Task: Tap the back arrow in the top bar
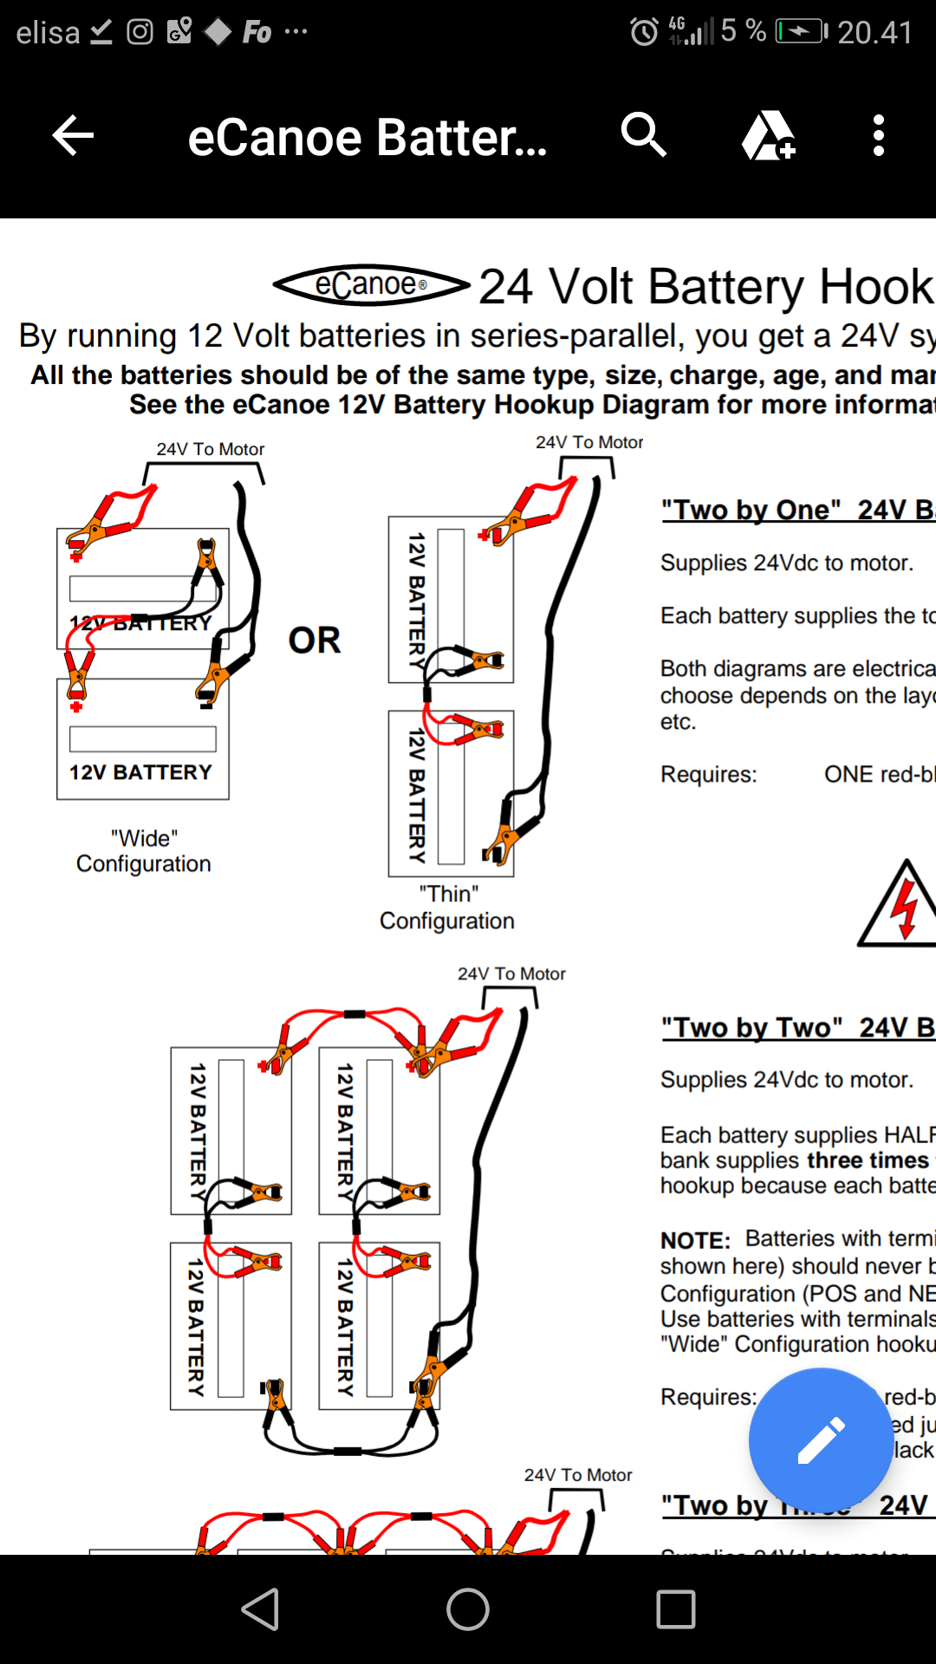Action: coord(73,136)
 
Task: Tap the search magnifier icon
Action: coord(643,135)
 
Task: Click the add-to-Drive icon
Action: coord(768,136)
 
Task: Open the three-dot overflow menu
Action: coord(879,136)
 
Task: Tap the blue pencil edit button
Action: coord(821,1440)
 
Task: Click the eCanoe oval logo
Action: coord(370,285)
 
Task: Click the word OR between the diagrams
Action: coord(314,640)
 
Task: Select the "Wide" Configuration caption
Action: coord(144,851)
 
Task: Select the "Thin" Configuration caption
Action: coord(447,907)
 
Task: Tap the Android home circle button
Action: coord(468,1609)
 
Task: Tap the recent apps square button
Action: coord(676,1609)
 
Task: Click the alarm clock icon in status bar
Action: coord(644,33)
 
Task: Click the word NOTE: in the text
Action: coord(695,1240)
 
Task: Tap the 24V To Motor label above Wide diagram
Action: coord(211,449)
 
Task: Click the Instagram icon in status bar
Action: coord(140,32)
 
